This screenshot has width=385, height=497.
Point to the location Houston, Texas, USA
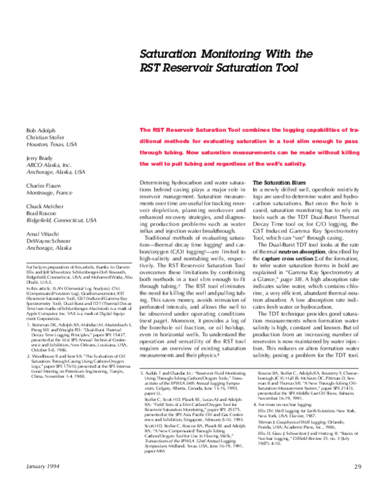(x=49, y=145)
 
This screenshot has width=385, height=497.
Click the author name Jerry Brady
(x=39, y=158)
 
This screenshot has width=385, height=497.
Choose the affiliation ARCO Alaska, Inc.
(x=46, y=165)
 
